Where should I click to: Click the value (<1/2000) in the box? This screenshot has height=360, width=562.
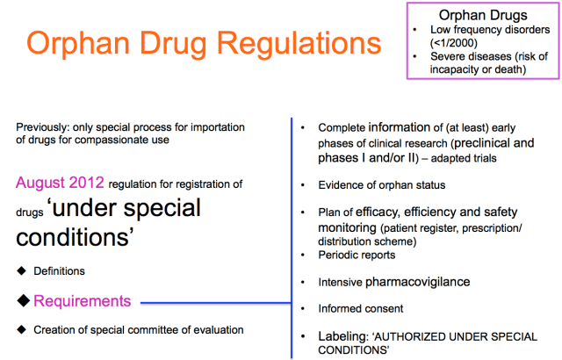[x=458, y=43]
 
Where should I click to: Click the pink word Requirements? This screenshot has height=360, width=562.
[x=83, y=301]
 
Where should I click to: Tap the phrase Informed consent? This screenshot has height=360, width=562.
[x=361, y=308]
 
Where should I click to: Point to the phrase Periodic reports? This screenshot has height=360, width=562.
[x=357, y=256]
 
